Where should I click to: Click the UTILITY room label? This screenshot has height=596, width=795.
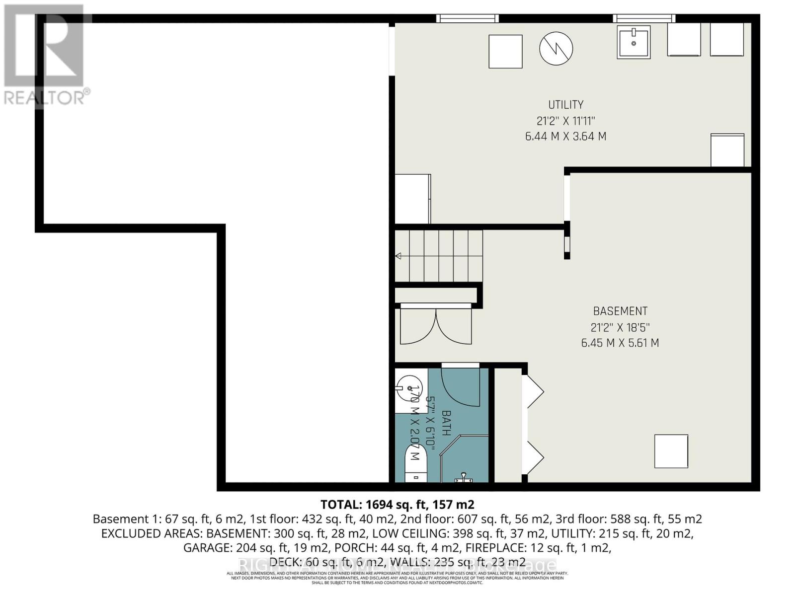[x=565, y=105]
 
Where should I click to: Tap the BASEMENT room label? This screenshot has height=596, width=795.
[x=620, y=311]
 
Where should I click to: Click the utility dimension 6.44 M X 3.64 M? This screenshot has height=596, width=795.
[x=565, y=136]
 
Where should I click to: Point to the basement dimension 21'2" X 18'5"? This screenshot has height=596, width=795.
[x=620, y=327]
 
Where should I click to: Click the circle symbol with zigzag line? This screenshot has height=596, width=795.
[x=556, y=48]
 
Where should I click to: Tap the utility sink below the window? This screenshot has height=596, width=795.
[x=634, y=43]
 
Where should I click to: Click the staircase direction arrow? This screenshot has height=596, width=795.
[x=398, y=256]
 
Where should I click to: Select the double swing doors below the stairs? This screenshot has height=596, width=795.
[x=436, y=326]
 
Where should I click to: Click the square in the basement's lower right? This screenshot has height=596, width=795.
[x=671, y=451]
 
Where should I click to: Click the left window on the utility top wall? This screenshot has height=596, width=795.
[x=467, y=18]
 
